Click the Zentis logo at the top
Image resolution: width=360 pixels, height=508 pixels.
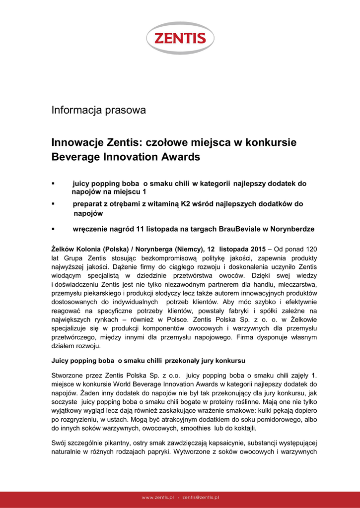pyautogui.click(x=180, y=38)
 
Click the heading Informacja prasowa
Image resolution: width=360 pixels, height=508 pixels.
pyautogui.click(x=98, y=110)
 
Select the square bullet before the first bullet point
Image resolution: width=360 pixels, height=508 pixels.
pyautogui.click(x=53, y=184)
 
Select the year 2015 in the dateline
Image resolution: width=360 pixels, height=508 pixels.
pyautogui.click(x=258, y=249)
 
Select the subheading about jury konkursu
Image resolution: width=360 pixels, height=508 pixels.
pyautogui.click(x=148, y=360)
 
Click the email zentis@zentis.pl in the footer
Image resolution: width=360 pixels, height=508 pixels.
pyautogui.click(x=201, y=497)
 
